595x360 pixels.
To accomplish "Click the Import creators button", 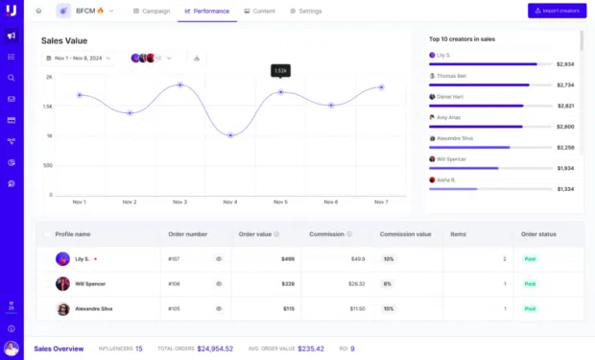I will point(557,11).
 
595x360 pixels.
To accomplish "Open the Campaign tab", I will point(153,11).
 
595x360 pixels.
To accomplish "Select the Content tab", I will point(260,11).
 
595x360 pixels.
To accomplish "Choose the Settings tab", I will point(306,11).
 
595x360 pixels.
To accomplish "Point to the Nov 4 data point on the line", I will point(230,135).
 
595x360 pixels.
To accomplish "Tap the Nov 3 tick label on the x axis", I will point(179,202).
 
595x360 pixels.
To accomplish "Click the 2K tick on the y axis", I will point(48,77).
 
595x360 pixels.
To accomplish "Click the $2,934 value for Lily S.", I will point(564,64).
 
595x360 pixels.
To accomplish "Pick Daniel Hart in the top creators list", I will point(451,96).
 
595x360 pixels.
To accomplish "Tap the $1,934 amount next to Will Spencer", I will point(564,168).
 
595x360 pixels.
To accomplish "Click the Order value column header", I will point(256,233).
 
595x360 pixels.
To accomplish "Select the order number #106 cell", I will point(174,283).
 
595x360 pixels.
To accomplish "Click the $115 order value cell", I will point(287,308).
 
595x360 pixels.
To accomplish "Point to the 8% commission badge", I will point(389,283).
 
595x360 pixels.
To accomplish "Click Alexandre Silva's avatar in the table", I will point(62,308).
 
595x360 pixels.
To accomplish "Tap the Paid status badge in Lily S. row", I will point(529,258).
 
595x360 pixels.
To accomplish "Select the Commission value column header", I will point(405,233).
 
